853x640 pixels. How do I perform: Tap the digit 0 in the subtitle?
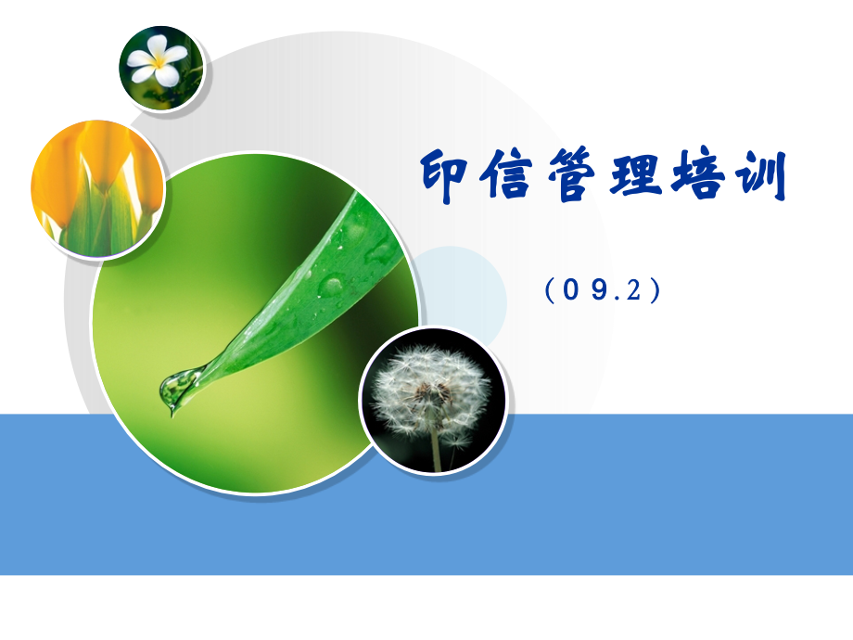[572, 290]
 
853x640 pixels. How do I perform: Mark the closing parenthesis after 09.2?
[656, 291]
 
